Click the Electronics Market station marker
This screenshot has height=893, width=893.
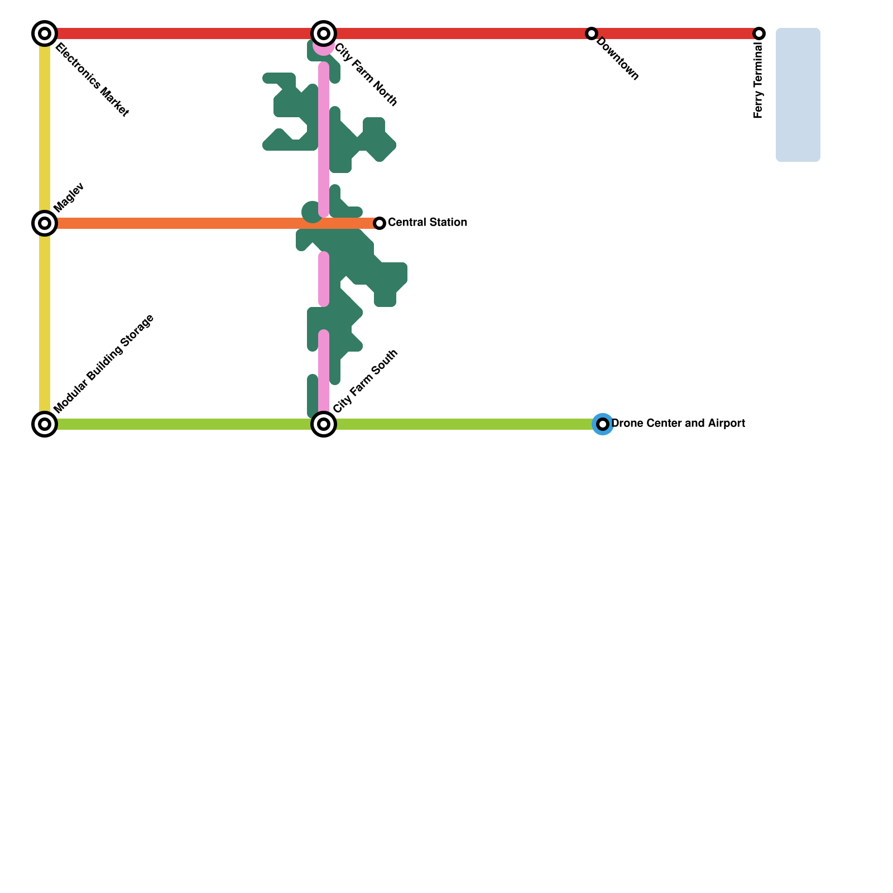[45, 33]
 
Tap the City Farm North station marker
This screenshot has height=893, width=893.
[324, 33]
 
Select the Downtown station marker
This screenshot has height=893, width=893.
[592, 33]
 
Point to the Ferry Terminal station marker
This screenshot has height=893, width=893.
[759, 33]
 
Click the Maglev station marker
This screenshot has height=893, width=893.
[45, 223]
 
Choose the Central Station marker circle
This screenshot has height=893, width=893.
[380, 223]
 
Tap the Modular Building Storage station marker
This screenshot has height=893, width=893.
[45, 424]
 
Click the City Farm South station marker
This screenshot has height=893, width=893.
[324, 424]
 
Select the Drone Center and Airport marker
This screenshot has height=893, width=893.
[603, 424]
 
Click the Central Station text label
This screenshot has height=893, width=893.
[427, 222]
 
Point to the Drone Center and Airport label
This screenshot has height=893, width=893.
[678, 423]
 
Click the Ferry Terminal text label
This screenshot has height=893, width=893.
[758, 81]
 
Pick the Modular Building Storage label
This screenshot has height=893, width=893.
[104, 364]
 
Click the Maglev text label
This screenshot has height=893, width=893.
[69, 197]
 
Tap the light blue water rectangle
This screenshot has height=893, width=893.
[798, 95]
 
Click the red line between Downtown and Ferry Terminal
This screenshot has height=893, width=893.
[675, 33]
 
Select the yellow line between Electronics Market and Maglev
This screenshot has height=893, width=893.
[45, 128]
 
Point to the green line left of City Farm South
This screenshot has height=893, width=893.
[184, 424]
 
